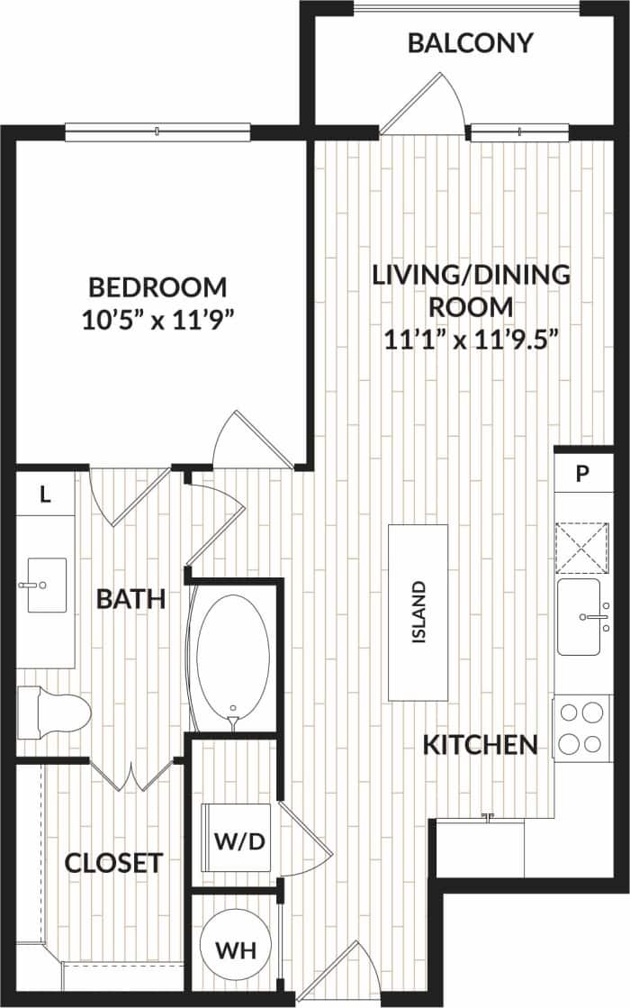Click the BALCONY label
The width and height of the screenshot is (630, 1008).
[470, 43]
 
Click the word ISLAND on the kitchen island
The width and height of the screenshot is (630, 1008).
[418, 612]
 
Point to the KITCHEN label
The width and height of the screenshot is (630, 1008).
[481, 744]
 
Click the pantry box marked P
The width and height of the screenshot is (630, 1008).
[581, 475]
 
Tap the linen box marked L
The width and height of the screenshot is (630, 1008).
[44, 493]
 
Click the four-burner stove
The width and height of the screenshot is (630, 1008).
[580, 728]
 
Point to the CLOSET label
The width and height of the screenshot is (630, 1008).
[113, 863]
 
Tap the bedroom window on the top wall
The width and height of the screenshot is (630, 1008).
[157, 132]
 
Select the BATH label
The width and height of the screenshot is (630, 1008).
[131, 598]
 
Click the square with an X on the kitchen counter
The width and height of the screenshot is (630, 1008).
[582, 547]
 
